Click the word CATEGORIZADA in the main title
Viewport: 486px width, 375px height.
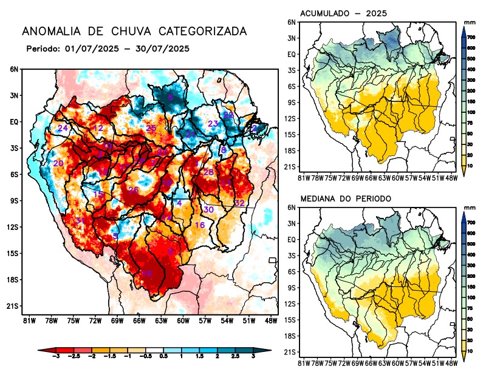[x=197, y=32]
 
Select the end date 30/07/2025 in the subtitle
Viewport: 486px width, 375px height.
[x=165, y=48]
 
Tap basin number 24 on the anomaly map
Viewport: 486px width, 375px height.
[x=62, y=129]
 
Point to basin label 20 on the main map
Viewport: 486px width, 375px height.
[x=58, y=164]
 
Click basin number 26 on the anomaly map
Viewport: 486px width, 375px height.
[x=134, y=190]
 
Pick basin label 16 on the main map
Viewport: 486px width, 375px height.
[x=199, y=225]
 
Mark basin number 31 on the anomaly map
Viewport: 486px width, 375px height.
[x=80, y=220]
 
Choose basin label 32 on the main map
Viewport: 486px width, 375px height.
[x=239, y=203]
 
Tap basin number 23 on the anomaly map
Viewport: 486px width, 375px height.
[x=213, y=124]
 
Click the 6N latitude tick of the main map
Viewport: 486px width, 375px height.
[x=13, y=69]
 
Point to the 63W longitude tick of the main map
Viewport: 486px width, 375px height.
[x=160, y=320]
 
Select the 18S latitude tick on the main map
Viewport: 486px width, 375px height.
[x=12, y=280]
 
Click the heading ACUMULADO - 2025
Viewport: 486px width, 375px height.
[x=343, y=13]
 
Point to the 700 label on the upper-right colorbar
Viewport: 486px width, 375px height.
[x=470, y=37]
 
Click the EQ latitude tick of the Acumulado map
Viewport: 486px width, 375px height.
[x=292, y=54]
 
